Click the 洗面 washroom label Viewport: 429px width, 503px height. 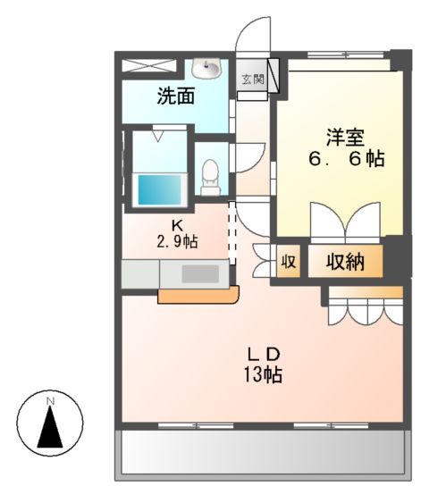click(x=176, y=96)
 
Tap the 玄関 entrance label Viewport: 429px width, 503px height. click(x=252, y=80)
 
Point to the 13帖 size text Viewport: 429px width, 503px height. click(x=262, y=374)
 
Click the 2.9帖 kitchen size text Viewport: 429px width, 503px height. click(x=177, y=241)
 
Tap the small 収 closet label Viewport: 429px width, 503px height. click(x=289, y=262)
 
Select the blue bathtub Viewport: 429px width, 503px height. click(x=159, y=189)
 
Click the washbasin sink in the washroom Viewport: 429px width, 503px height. click(x=212, y=68)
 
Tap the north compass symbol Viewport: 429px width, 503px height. click(x=50, y=423)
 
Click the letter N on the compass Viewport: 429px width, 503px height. click(x=50, y=401)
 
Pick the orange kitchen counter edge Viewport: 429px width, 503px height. click(x=198, y=296)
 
